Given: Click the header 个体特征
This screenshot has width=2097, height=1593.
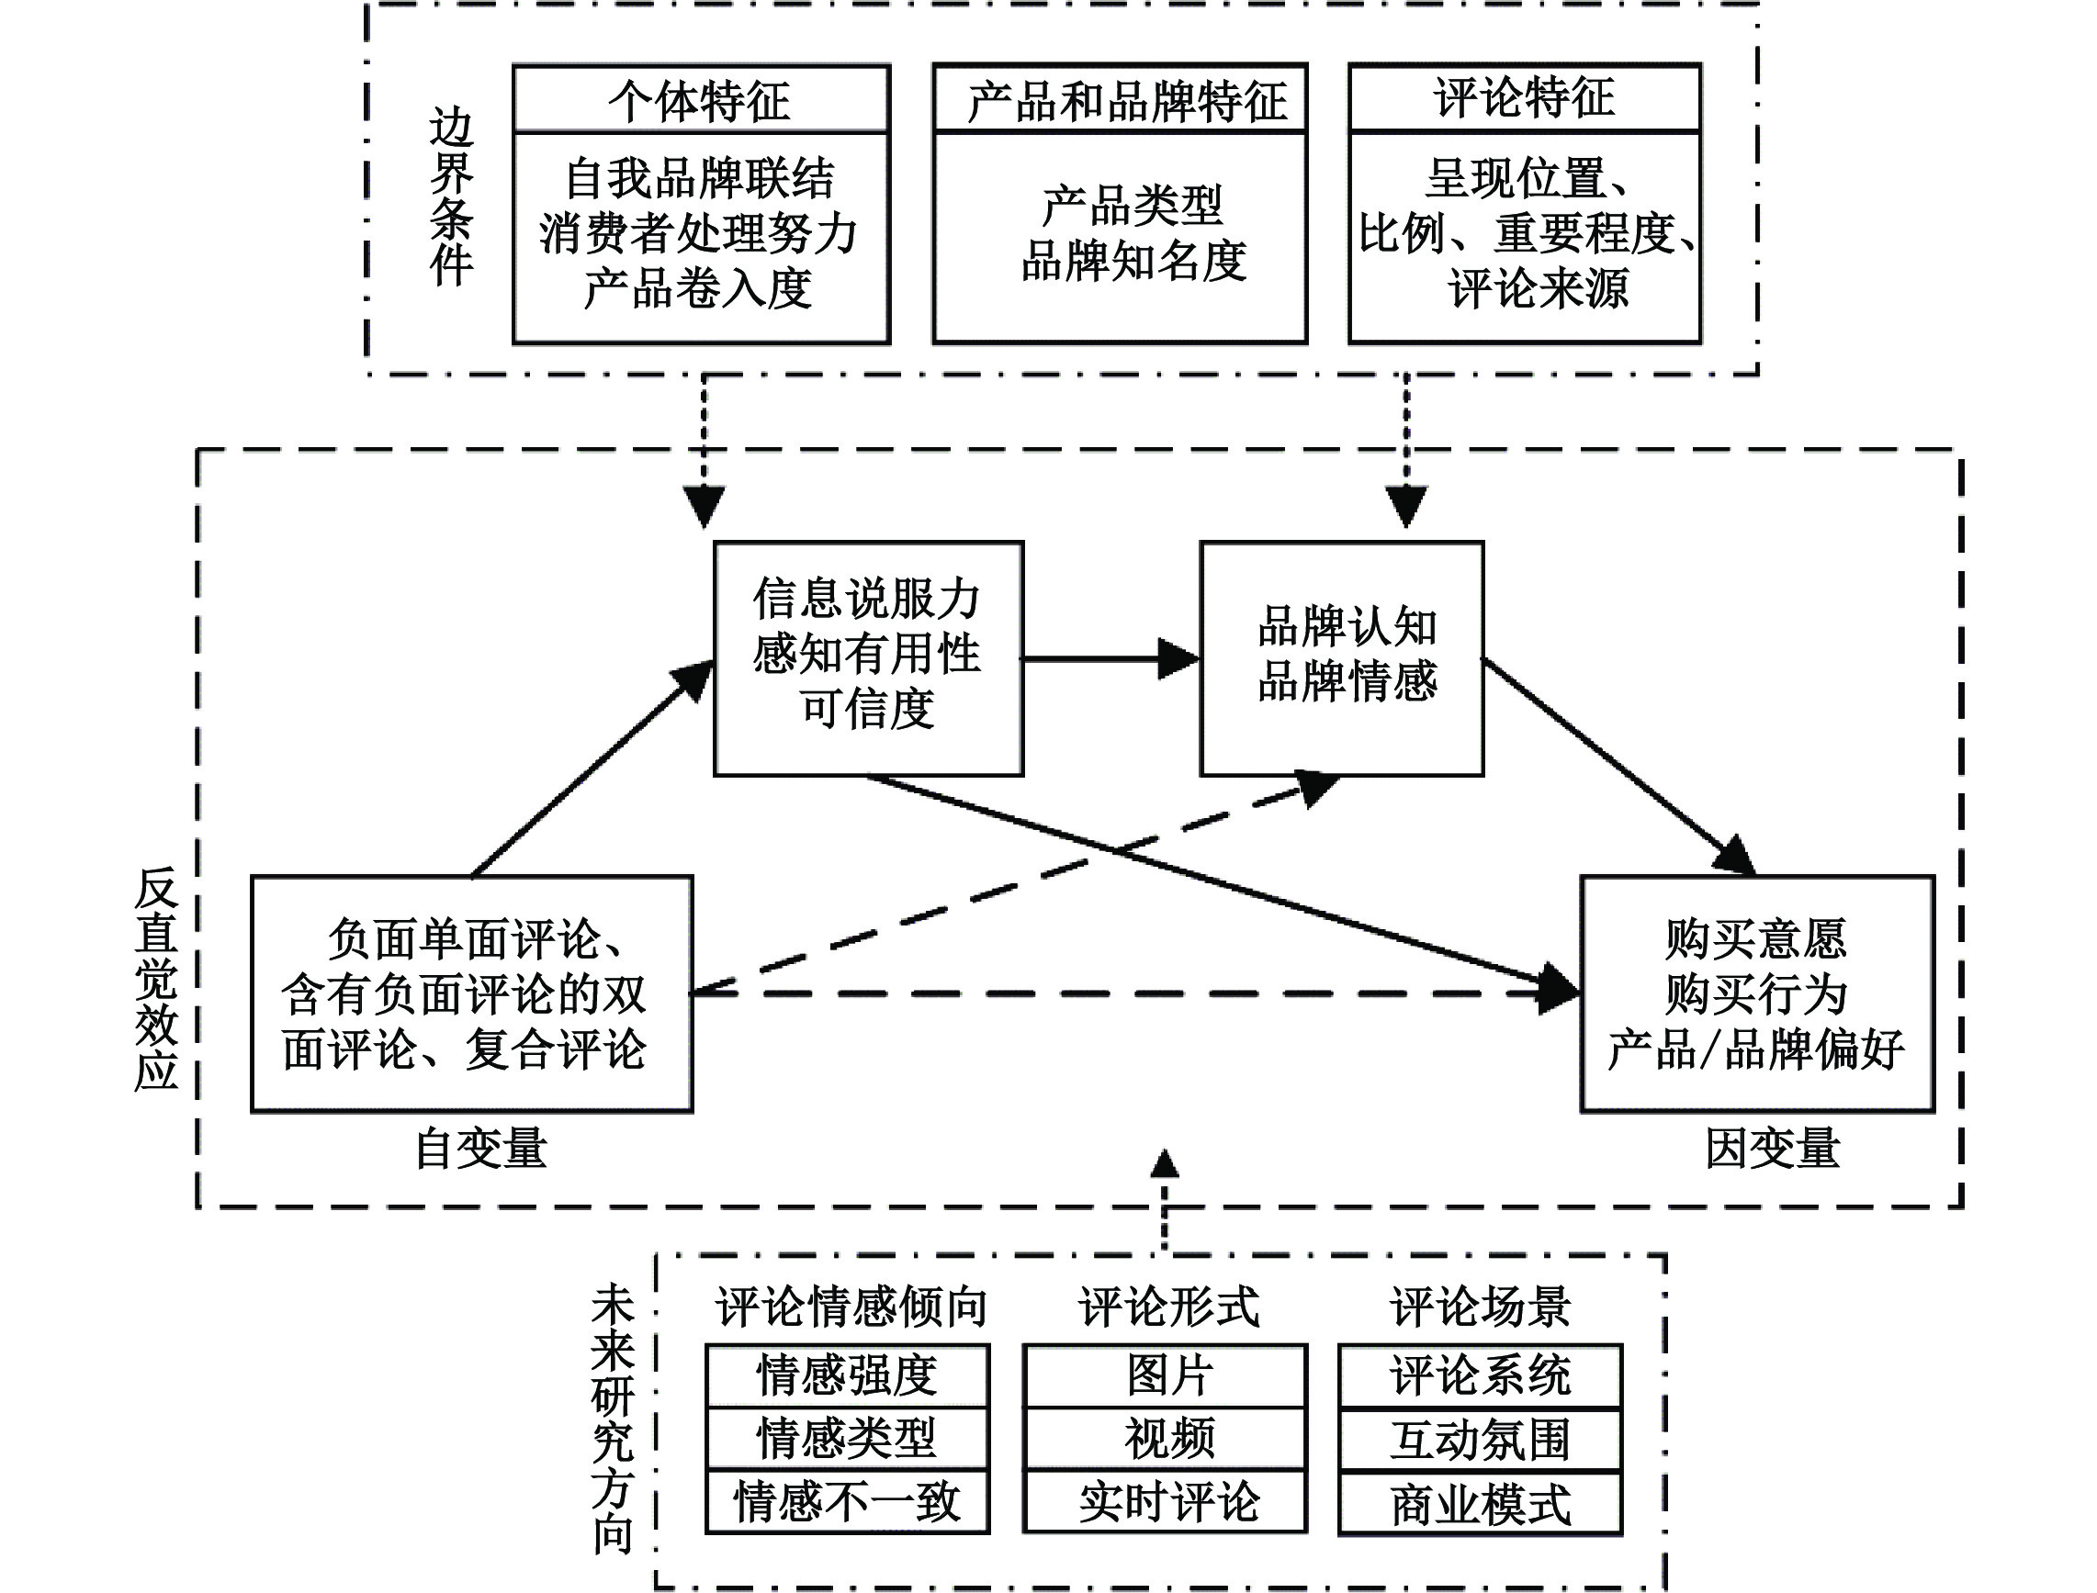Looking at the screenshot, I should pos(700,99).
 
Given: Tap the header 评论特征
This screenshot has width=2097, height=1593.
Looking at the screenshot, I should pos(1524,97).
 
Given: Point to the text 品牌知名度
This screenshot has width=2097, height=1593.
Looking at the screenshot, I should pos(1133,261).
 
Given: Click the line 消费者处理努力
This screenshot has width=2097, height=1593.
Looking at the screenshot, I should pos(699,232).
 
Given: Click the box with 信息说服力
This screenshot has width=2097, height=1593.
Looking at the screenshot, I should pos(868,658).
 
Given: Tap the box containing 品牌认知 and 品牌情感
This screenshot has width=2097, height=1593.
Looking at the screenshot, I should pos(1342,658).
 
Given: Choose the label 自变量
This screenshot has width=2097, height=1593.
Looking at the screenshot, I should pos(481,1149).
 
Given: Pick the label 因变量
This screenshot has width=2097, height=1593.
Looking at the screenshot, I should pos(1773,1149).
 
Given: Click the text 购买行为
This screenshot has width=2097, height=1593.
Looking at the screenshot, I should pos(1755,993).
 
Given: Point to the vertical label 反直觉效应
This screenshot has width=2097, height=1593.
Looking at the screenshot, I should pos(156,979).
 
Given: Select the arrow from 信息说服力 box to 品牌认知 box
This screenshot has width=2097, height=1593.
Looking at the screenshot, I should pos(1110,658).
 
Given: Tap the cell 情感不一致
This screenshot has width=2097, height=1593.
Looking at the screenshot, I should pos(847,1502).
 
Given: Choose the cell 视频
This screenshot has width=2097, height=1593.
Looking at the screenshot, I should pos(1166,1439).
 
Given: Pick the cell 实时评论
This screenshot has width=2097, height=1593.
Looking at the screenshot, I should pos(1166,1502).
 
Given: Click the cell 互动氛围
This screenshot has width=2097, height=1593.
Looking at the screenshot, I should pos(1481,1439).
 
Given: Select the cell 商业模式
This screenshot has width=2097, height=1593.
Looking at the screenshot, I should pos(1481,1504).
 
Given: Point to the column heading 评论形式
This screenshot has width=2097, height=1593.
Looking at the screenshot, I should pos(1168,1307).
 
